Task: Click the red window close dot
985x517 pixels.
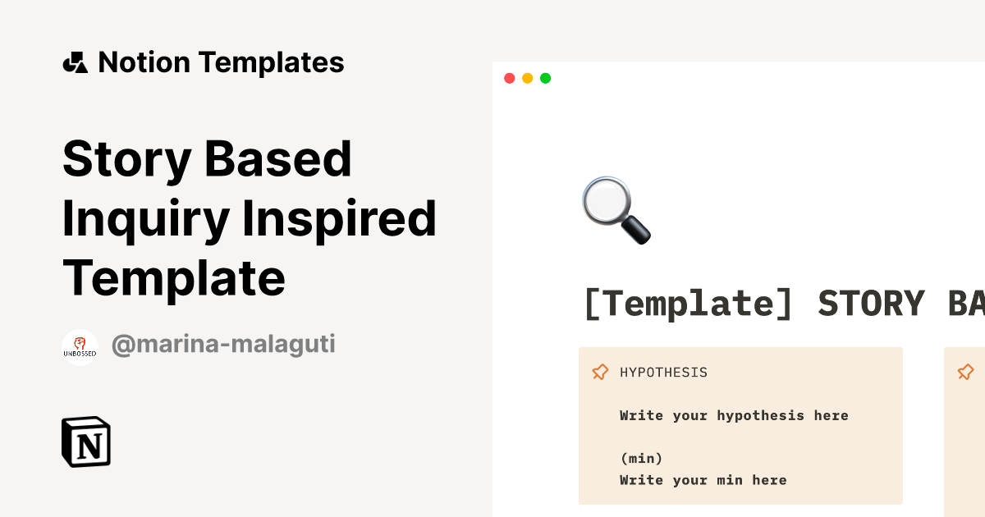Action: [509, 78]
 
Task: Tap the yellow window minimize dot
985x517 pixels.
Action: [527, 78]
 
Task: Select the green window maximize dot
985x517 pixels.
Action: [545, 78]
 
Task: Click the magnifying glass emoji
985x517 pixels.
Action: [616, 210]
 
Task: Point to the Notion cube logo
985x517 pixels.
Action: [86, 442]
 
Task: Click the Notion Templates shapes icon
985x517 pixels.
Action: [75, 62]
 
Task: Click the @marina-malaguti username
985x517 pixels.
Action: [222, 345]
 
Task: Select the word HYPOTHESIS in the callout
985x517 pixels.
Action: [663, 373]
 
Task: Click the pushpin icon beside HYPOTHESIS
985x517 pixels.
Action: [600, 373]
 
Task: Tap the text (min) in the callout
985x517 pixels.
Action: [641, 458]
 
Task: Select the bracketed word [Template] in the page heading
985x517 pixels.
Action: [688, 304]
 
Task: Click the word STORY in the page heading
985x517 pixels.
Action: [871, 304]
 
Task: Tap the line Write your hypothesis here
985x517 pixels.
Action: [734, 415]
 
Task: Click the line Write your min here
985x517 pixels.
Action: [703, 480]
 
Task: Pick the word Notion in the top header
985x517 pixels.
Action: [144, 62]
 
